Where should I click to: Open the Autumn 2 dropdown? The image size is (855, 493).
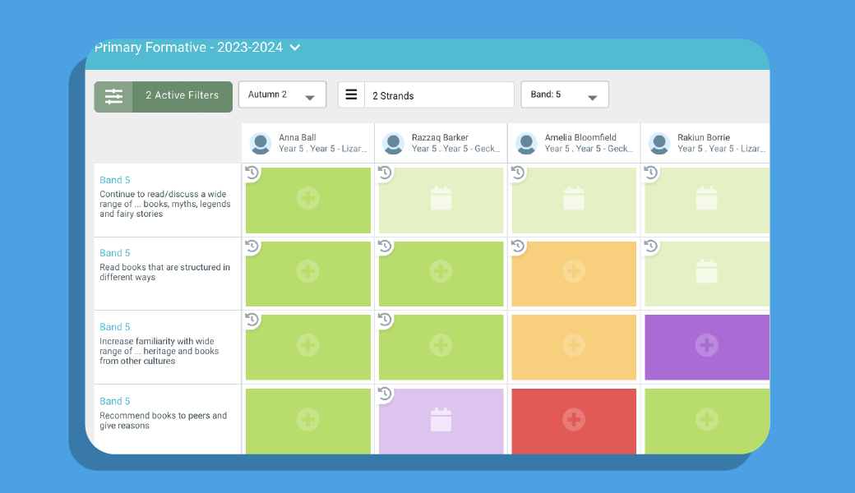pos(282,94)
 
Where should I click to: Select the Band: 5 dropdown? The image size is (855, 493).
pos(565,94)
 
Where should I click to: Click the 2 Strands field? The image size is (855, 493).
pos(438,95)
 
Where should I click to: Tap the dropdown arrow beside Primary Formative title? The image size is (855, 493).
pos(295,48)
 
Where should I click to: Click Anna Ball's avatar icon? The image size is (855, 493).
pos(261,144)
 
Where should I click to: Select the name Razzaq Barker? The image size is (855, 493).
pos(440,137)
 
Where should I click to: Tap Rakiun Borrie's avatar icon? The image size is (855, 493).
pos(659,144)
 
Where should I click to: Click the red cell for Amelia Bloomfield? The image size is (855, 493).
pos(574,420)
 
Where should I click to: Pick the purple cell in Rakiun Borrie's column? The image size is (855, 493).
pos(706,346)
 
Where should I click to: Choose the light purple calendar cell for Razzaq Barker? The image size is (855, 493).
pos(441,420)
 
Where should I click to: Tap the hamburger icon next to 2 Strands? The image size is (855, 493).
pos(351,94)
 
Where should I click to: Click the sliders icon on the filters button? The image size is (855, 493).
pos(113,96)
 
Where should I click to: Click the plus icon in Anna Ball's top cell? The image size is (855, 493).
pos(308,198)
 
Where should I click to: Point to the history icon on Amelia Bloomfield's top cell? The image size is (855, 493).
pos(518,173)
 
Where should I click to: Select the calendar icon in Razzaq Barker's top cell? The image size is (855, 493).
pos(441,198)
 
